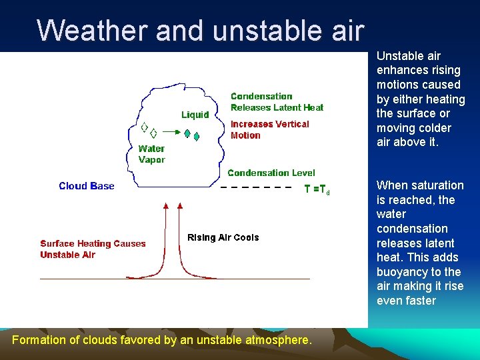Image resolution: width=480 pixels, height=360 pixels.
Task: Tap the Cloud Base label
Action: pos(87,186)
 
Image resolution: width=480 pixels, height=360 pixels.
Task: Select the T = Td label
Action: pos(317,189)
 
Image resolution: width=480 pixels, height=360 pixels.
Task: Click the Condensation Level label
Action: pos(271,173)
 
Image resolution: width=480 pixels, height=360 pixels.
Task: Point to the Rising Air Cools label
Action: pos(223,237)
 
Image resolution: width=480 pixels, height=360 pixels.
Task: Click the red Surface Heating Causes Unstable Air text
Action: pos(92,249)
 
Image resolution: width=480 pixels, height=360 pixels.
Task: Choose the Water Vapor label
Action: pos(151,154)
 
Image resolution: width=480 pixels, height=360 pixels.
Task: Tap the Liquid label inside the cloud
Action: pos(195,115)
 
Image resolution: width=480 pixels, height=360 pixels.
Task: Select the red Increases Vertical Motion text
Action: pos(269,129)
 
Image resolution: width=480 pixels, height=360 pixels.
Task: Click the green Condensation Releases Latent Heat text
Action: pos(277,102)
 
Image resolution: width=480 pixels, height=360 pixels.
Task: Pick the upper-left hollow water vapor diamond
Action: pos(143,127)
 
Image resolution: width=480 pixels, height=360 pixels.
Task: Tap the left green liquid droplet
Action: pos(187,133)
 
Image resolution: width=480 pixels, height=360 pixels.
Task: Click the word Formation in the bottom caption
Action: pos(39,340)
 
